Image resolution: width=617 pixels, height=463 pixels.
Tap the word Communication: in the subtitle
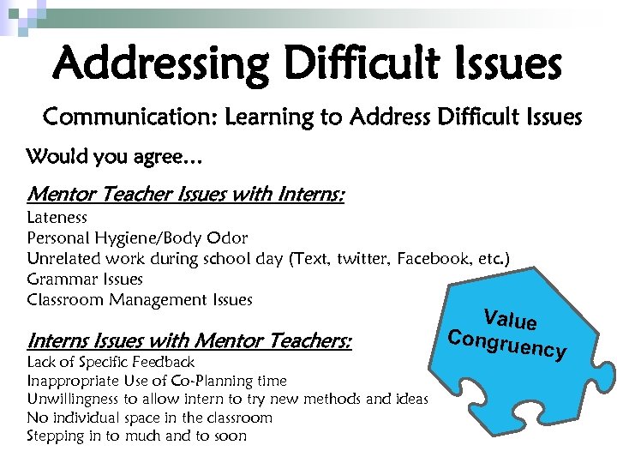coord(130,117)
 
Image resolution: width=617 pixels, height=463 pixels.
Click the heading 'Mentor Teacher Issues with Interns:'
coord(186,195)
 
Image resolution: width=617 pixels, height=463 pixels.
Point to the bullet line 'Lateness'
coord(57,218)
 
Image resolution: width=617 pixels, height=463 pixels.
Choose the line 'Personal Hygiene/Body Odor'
coord(137,238)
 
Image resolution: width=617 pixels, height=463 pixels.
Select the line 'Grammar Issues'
coord(85,280)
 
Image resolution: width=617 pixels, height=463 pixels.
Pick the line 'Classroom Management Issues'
coord(140,300)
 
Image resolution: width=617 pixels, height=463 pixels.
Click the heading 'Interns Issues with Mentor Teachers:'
coord(189,341)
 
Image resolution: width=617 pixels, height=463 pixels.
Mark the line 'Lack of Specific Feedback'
coord(111,362)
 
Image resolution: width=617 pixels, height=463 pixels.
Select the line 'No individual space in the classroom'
coord(150,418)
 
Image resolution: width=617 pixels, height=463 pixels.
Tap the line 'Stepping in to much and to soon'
coord(137,436)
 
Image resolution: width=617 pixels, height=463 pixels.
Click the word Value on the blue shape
coord(510,319)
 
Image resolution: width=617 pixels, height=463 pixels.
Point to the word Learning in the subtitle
coord(271,117)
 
